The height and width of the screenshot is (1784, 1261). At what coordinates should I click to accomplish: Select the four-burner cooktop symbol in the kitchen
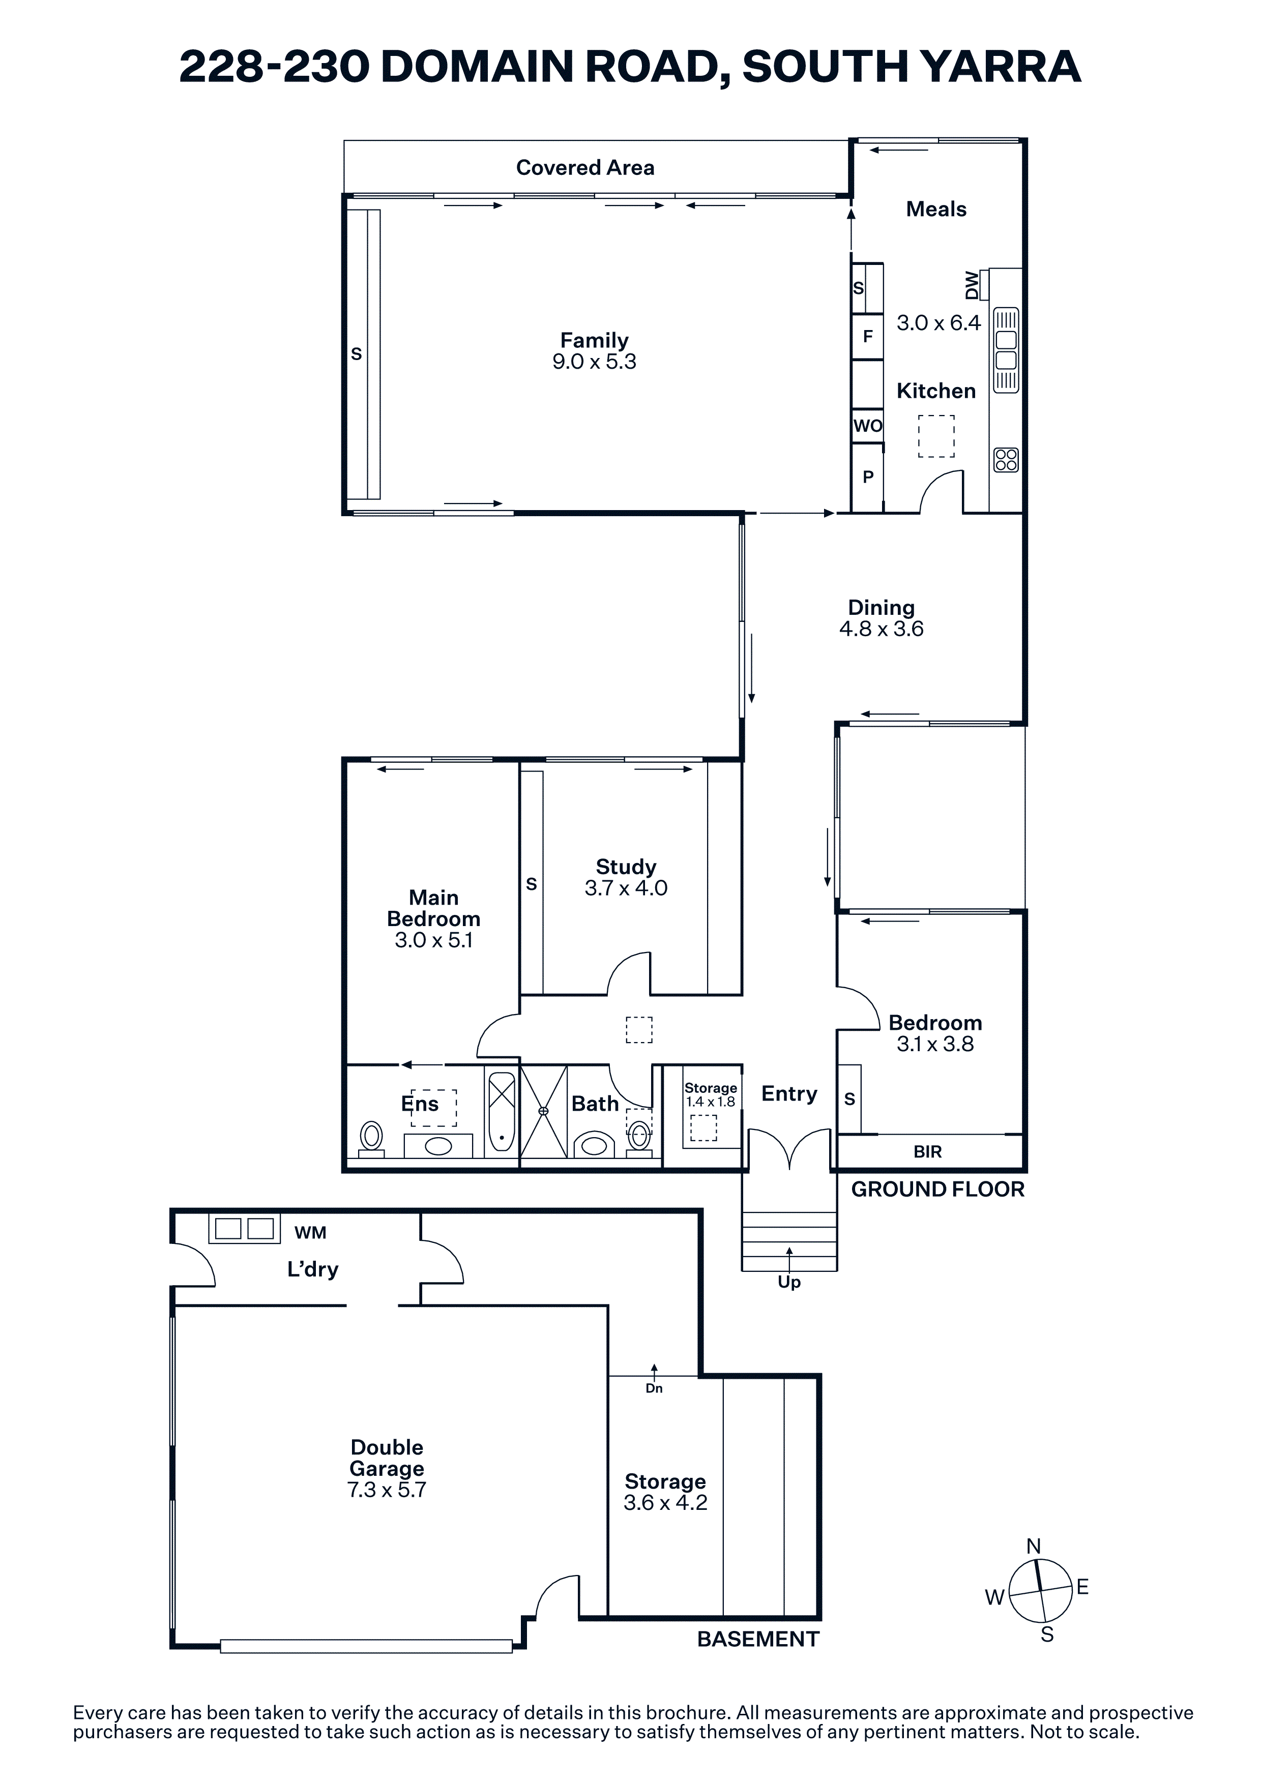[x=1006, y=460]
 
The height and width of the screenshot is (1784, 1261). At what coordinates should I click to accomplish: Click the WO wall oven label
[x=868, y=426]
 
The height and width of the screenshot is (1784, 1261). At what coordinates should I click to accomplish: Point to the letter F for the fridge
[x=868, y=337]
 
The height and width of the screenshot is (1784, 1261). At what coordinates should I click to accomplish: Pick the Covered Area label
[x=585, y=168]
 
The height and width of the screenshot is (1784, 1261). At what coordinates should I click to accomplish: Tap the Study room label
[x=626, y=867]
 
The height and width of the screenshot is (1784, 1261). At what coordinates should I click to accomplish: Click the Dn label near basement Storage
[x=654, y=1388]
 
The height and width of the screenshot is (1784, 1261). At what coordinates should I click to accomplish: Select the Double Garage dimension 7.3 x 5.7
[x=387, y=1490]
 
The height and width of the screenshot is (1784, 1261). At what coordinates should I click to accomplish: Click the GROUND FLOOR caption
[x=938, y=1190]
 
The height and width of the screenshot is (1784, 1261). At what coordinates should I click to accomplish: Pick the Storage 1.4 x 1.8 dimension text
[x=710, y=1102]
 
